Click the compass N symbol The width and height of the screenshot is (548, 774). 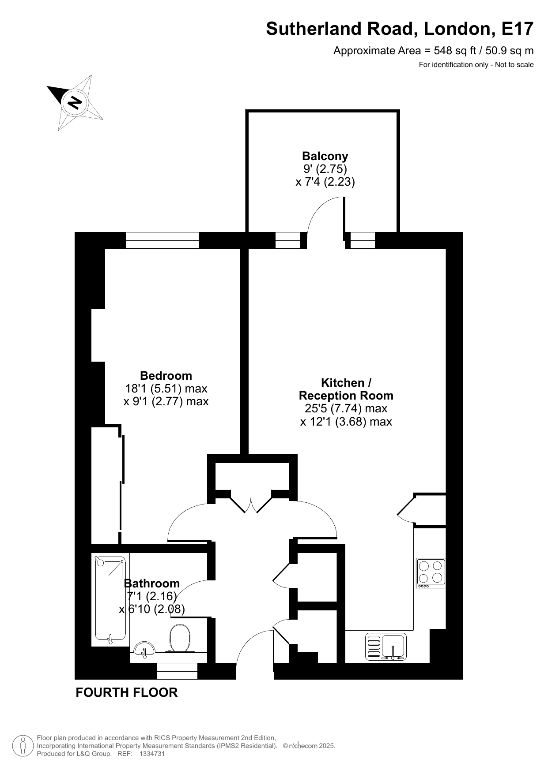[74, 102]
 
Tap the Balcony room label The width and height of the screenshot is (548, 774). [325, 156]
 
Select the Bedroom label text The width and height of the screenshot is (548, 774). [166, 376]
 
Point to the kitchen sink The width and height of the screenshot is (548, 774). [385, 647]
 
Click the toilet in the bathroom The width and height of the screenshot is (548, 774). [180, 638]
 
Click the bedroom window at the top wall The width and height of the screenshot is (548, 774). [162, 240]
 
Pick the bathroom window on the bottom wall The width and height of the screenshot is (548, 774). [177, 671]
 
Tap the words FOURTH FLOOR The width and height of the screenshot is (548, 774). [127, 692]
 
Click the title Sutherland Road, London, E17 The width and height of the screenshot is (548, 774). [400, 29]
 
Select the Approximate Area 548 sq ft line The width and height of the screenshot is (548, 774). [433, 51]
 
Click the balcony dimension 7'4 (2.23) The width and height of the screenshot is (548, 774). [325, 182]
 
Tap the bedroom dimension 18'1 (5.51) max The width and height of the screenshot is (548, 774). [166, 389]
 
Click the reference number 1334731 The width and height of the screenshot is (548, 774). [152, 754]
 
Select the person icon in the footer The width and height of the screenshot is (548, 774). [23, 746]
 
